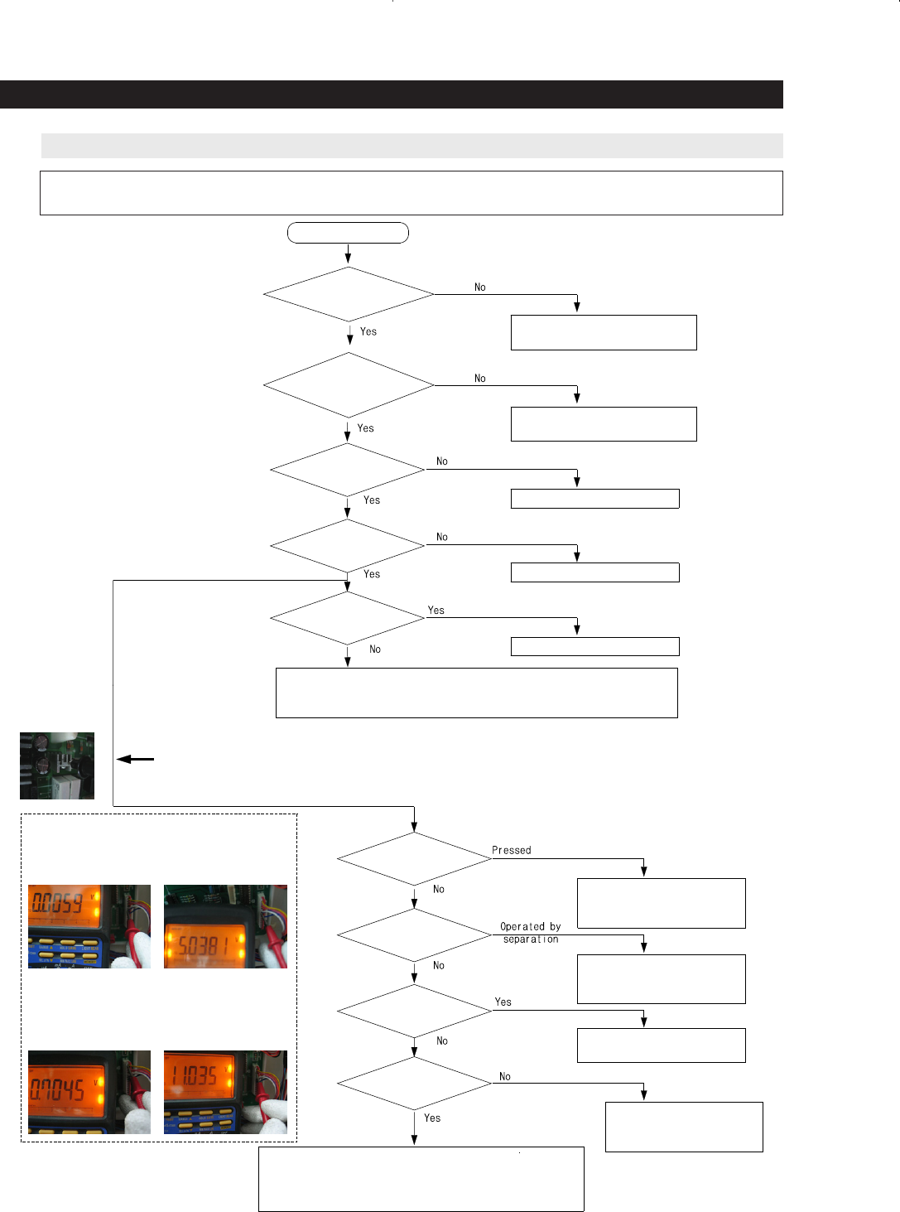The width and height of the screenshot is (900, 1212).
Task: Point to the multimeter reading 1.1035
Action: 195,1075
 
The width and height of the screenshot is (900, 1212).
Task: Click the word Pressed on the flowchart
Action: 511,850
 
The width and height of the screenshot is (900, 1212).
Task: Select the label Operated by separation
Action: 530,933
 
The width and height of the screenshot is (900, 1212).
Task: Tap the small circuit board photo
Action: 57,765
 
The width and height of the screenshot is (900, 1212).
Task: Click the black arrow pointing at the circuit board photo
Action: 135,759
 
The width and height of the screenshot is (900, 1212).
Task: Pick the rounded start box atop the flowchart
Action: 348,233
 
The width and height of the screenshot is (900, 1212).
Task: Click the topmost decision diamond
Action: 349,294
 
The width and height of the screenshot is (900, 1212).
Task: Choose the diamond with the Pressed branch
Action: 414,859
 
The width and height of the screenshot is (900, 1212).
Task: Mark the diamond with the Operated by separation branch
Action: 414,935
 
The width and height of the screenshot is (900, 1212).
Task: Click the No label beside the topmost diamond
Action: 480,287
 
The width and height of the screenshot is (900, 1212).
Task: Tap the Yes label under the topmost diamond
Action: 368,331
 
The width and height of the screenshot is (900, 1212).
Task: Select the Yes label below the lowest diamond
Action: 432,1118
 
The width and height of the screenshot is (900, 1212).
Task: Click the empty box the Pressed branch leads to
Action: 661,903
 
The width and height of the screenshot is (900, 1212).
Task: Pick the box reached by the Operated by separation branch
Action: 661,979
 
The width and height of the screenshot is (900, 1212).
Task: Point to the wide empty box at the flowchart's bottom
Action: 421,1179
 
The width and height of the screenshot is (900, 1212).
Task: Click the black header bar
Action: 391,94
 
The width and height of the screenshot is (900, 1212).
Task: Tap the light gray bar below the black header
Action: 411,146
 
